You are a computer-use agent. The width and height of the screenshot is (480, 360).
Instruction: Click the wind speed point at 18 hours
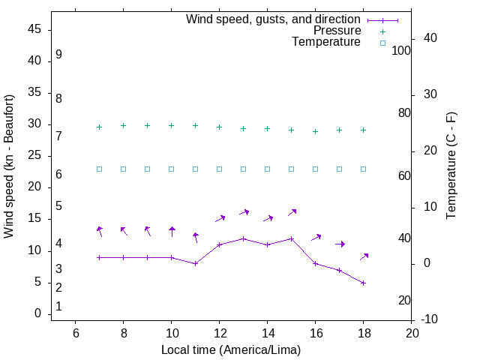363,283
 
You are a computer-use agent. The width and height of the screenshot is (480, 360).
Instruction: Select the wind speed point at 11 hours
195,263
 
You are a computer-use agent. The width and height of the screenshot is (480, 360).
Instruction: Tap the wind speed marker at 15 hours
291,238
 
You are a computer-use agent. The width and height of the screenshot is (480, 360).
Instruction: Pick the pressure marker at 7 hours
99,127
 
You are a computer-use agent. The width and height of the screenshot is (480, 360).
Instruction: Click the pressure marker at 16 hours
315,131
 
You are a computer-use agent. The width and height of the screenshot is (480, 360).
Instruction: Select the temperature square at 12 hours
219,169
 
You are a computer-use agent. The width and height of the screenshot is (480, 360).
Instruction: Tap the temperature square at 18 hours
363,169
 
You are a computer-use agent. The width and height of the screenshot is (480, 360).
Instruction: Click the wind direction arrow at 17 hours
340,244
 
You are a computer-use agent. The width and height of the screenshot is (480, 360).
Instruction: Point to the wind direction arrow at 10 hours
172,232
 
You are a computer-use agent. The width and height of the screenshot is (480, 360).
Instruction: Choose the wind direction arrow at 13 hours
244,213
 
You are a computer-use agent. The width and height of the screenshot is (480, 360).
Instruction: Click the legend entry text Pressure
337,31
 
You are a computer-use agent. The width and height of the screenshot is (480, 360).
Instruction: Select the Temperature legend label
326,43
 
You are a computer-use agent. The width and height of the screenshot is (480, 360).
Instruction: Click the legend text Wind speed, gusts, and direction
273,19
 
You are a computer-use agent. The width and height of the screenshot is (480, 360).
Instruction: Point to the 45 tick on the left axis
35,29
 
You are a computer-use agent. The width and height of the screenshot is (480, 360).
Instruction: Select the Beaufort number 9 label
58,55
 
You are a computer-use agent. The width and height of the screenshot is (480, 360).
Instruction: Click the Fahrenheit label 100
402,50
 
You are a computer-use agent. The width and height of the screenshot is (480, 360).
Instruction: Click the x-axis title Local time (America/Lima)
231,349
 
